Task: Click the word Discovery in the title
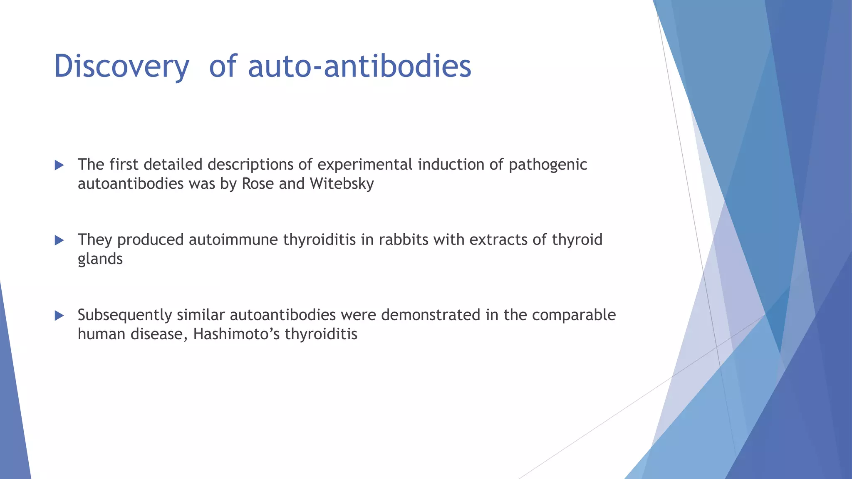pos(121,67)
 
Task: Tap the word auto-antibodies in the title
pos(359,67)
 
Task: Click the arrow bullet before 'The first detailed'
pos(59,165)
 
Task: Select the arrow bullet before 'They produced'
pos(59,240)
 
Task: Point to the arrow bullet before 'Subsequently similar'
pos(59,316)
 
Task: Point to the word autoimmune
pos(233,240)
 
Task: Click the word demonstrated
pos(431,315)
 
